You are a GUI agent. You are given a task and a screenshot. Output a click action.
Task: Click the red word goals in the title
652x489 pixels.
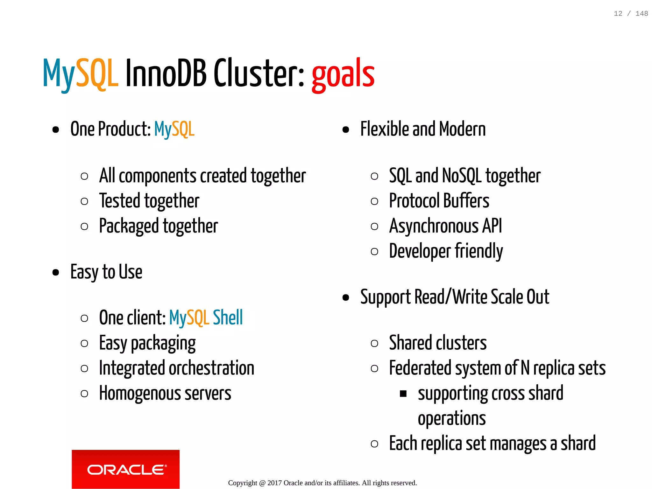[343, 74]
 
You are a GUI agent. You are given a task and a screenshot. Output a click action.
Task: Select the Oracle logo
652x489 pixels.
[125, 469]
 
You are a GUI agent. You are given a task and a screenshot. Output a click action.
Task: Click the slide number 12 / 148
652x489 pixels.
[631, 14]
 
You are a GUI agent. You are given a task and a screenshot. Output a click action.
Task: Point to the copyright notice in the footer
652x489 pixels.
[322, 483]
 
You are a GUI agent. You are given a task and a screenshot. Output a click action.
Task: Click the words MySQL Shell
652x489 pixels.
[206, 318]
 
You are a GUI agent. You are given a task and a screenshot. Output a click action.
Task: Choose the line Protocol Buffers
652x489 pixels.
[439, 201]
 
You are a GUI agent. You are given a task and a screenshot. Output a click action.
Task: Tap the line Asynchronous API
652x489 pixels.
[445, 226]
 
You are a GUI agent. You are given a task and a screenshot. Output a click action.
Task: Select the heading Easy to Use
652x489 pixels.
[106, 272]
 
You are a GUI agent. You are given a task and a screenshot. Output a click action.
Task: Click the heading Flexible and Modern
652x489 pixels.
[423, 129]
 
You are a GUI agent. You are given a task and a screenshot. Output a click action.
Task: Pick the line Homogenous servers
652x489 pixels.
[165, 393]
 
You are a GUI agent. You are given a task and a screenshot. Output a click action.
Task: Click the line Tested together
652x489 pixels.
[149, 201]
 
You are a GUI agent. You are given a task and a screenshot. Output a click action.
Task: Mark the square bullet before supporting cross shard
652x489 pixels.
[403, 394]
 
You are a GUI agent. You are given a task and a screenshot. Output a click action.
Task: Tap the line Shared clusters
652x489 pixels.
[438, 343]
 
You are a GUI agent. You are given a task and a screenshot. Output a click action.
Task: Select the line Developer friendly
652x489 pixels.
[446, 251]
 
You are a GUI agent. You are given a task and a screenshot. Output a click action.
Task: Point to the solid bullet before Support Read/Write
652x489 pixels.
[346, 297]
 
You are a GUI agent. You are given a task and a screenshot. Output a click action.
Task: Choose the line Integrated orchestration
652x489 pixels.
[176, 368]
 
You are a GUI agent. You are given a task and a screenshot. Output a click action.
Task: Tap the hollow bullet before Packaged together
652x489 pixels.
[84, 226]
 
